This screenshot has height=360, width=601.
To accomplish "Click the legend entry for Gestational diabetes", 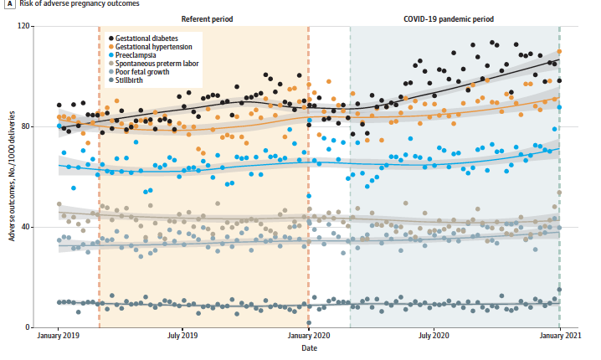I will (x=147, y=39).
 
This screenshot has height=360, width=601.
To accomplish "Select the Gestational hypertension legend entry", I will (x=152, y=47).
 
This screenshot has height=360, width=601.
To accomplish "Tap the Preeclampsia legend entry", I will (x=137, y=55).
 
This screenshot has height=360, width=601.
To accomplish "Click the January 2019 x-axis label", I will (x=59, y=337).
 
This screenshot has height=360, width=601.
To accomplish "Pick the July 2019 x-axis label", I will (x=183, y=337).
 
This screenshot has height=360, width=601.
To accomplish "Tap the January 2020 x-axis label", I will (x=309, y=337).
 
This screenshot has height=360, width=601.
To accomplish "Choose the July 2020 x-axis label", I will (x=434, y=337).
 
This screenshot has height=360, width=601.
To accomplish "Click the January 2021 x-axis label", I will (x=559, y=337).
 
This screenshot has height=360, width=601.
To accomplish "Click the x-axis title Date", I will (x=309, y=348).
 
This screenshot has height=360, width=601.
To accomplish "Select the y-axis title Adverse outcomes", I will (x=11, y=177).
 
